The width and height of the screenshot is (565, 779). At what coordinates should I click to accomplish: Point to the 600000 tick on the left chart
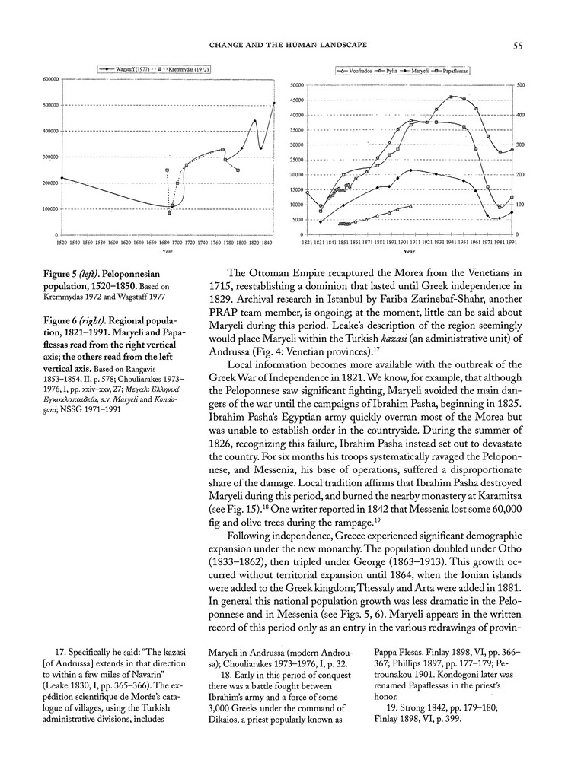coord(51,80)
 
